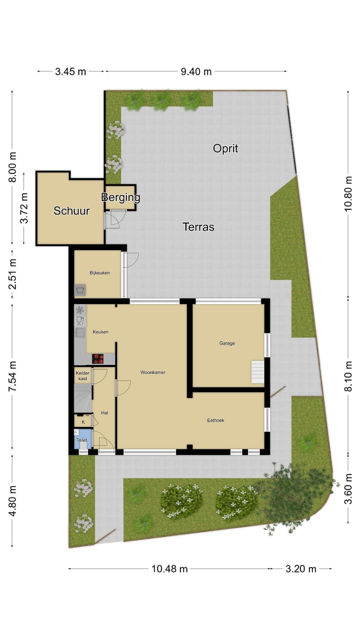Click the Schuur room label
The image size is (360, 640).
[x=71, y=211]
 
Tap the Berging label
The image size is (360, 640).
[x=120, y=197]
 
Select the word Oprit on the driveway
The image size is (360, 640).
[x=225, y=148]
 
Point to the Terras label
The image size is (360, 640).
[x=198, y=227]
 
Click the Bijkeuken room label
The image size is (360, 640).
[x=99, y=273]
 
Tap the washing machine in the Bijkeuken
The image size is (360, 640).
[x=80, y=290]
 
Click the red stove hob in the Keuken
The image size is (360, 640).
[x=98, y=358]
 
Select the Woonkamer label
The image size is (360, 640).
[x=152, y=372]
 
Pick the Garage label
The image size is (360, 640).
[x=226, y=343]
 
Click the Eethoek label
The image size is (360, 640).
[x=215, y=420]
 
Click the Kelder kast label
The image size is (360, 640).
[x=82, y=375]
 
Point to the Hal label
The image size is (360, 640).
[x=104, y=412]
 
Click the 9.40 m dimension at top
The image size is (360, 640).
[x=196, y=71]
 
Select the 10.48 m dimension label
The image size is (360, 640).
[x=169, y=568]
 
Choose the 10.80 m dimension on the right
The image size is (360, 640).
[x=348, y=194]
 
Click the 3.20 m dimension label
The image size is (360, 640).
[x=300, y=568]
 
